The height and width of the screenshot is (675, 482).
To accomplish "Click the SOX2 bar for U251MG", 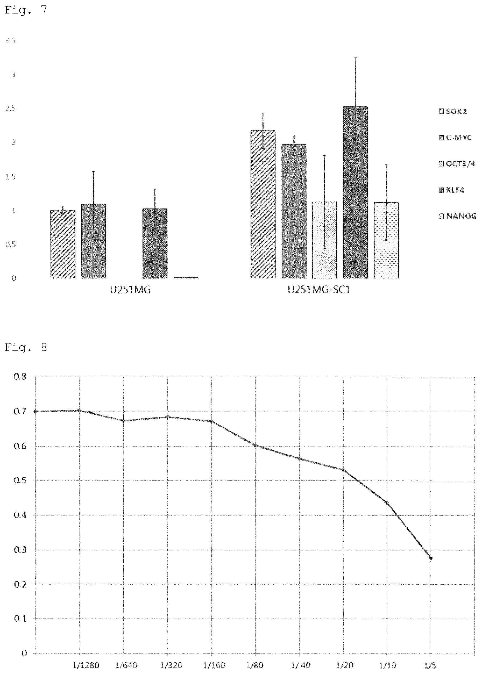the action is pos(63,244).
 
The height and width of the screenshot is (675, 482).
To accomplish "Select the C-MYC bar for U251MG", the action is pos(94,241).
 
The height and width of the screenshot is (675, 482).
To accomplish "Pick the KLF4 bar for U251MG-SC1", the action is pos(355,192).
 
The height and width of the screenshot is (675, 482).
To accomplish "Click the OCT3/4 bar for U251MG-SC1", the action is pos(324,240).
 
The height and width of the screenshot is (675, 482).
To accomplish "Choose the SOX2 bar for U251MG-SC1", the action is pos(263,204).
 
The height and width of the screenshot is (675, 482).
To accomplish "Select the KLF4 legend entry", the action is pos(451,190).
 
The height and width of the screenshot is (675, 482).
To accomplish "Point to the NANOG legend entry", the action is pos(457,216).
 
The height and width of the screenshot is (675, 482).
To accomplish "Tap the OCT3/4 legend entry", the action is pos(457,164).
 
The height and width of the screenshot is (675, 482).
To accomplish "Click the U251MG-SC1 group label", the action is pos(319,290).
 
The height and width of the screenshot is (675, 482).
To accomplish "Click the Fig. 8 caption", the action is pos(26,347).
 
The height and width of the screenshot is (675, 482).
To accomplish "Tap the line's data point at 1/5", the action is pos(431,558).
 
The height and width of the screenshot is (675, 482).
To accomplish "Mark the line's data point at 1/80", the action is pos(255,446).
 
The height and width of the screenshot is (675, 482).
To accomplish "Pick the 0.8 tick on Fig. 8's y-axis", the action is pos(20,377).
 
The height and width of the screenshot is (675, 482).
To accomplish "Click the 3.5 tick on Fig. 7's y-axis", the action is pos(10,41).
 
